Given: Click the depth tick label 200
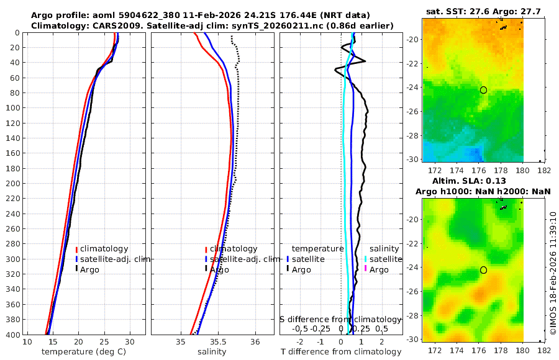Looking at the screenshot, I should tap(13, 184).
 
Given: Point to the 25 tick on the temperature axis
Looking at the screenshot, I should tap(104, 342).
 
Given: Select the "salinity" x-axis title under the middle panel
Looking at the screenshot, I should tap(212, 352).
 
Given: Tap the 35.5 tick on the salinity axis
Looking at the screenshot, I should tap(217, 342).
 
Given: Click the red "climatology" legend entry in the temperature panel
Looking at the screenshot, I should tap(104, 249).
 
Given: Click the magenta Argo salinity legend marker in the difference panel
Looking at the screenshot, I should tap(366, 269).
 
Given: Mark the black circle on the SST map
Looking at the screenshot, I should tap(483, 90).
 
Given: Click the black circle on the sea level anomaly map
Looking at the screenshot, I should tap(483, 270).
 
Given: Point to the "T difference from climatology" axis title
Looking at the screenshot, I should tap(341, 352).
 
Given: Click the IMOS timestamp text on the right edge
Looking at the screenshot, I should tap(553, 272).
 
